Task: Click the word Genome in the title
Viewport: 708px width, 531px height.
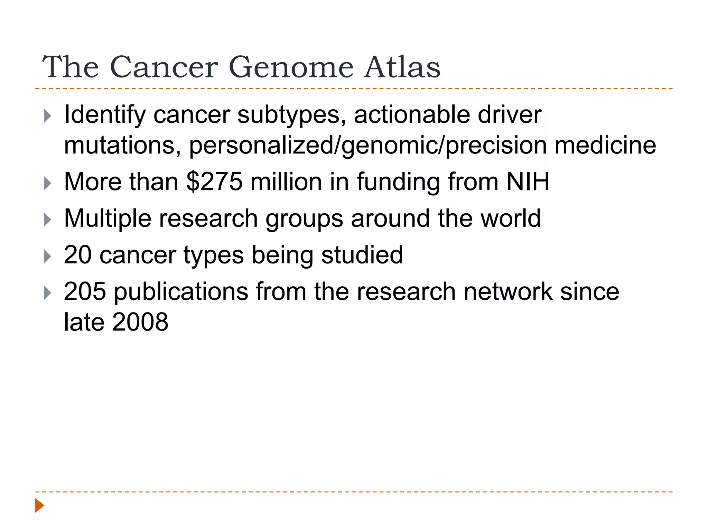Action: click(x=291, y=67)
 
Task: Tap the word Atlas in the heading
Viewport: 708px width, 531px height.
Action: click(x=402, y=67)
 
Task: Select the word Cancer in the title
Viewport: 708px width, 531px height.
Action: click(x=164, y=67)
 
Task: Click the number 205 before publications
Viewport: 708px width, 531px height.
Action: click(x=85, y=291)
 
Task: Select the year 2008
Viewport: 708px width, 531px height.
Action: click(x=140, y=322)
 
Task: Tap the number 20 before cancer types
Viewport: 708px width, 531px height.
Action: click(x=78, y=255)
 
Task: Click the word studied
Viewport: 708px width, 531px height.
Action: click(x=362, y=255)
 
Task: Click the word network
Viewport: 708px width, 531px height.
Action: click(x=507, y=291)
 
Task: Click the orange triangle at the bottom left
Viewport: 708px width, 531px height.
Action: click(x=39, y=505)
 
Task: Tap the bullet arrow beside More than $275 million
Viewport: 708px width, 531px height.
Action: click(x=48, y=183)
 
